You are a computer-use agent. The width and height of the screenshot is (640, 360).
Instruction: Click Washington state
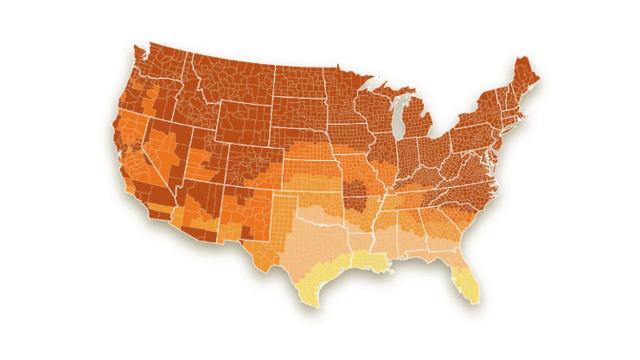[160, 64]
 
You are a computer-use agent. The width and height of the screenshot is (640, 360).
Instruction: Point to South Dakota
[299, 112]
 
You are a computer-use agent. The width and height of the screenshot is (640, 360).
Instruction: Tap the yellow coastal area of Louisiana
[368, 261]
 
